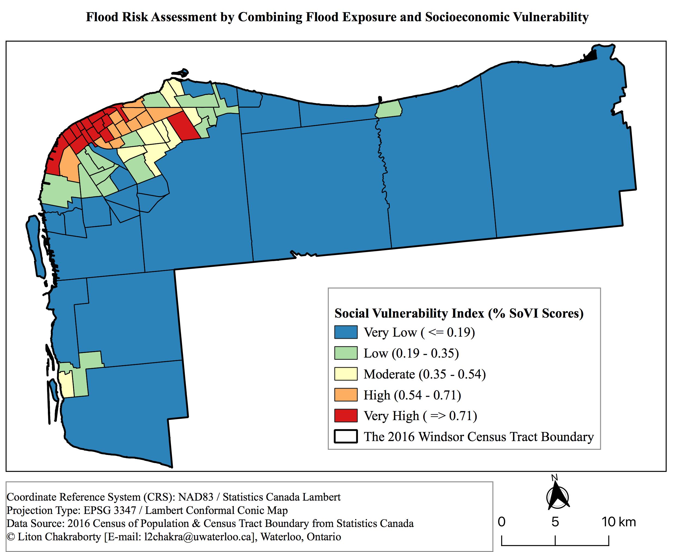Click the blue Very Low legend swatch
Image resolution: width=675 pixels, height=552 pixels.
tap(346, 332)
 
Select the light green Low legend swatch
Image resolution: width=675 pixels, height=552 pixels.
tap(346, 353)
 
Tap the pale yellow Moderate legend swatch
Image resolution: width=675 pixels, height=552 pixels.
tap(346, 374)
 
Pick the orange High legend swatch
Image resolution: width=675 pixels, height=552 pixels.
tap(346, 395)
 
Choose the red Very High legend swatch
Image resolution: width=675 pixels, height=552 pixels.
tap(346, 415)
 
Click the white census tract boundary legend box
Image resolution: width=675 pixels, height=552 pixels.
tap(346, 437)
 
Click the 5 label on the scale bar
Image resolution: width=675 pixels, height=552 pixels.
tap(555, 522)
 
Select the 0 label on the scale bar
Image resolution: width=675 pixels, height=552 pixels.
tap(502, 522)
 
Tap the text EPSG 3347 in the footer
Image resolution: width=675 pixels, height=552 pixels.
tap(109, 510)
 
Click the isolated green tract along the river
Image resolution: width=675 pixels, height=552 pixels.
tap(389, 109)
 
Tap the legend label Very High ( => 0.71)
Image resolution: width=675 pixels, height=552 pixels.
tap(420, 416)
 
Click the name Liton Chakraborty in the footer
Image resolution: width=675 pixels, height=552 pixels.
tap(59, 537)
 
